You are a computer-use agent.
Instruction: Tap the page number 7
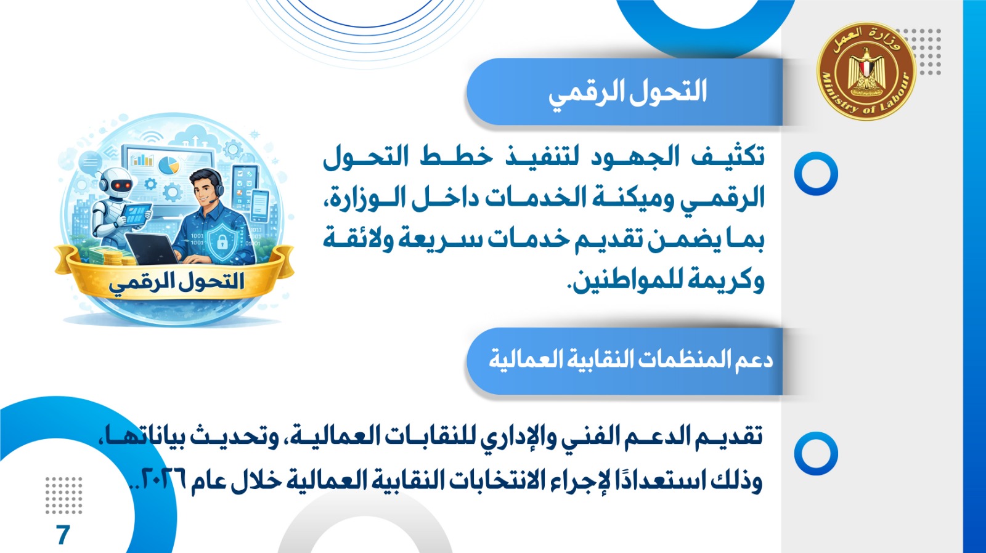click(63, 535)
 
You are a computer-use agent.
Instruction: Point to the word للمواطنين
click(623, 282)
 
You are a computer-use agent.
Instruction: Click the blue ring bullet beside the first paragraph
click(816, 173)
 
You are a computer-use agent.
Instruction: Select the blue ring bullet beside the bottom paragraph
click(816, 454)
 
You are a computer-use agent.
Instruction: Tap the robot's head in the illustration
click(116, 183)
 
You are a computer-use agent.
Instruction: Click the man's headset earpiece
click(219, 190)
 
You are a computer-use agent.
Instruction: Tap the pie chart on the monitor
click(169, 165)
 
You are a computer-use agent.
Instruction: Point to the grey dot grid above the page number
click(64, 495)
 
